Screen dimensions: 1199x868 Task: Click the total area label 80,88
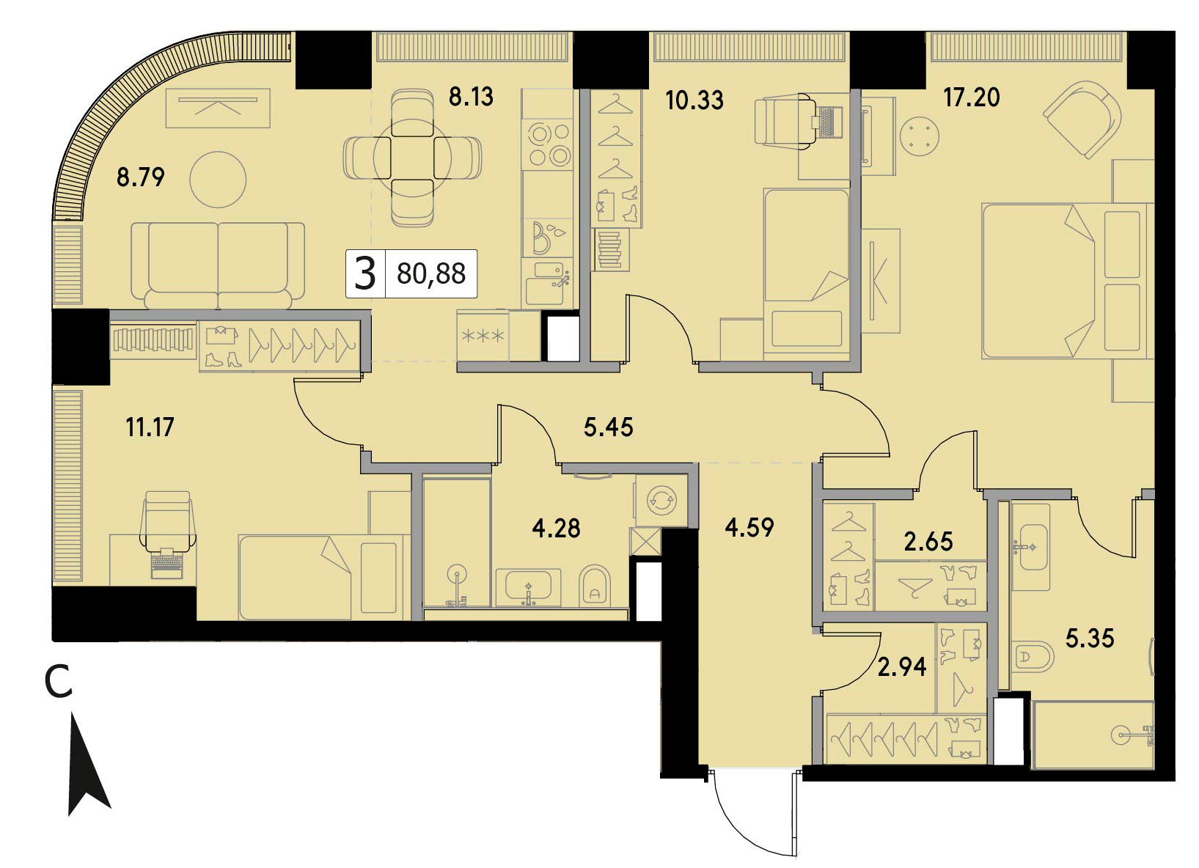[x=431, y=273]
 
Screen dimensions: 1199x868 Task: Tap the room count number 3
[x=365, y=273]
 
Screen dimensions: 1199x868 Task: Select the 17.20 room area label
[x=972, y=98]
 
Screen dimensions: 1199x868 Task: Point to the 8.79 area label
[x=141, y=177]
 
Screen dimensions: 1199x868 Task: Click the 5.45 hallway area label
[x=609, y=427]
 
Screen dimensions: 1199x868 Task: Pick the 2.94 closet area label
[x=902, y=667]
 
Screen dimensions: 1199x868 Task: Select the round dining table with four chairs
[x=412, y=158]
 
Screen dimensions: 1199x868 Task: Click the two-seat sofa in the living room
[x=218, y=265]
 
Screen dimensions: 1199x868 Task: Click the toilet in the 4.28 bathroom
[x=595, y=585]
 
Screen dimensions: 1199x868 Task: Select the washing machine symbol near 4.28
[x=661, y=501]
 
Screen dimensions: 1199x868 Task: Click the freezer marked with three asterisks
[x=483, y=336]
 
